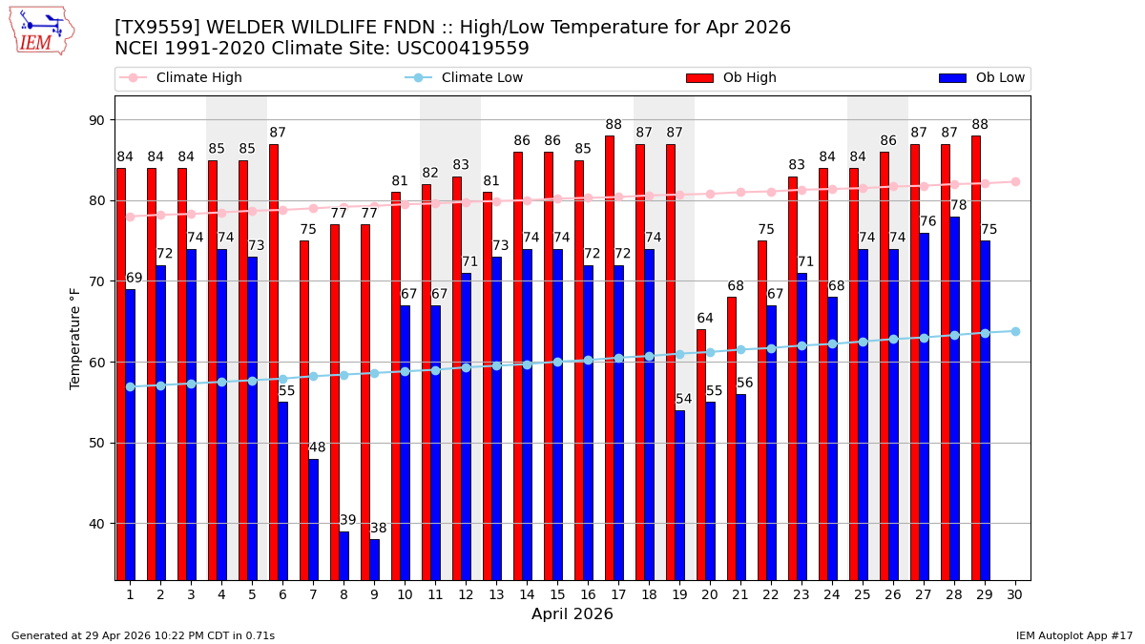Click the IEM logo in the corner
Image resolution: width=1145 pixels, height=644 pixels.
tap(42, 31)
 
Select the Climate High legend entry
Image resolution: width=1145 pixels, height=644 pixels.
tap(198, 78)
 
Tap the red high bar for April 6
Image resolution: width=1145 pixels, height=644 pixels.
tap(274, 362)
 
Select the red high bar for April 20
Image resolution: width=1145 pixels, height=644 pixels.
tap(701, 454)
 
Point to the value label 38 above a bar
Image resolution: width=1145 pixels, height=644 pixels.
tap(379, 529)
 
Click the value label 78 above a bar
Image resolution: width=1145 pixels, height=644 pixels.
tap(959, 205)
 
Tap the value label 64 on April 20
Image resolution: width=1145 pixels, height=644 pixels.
tap(705, 319)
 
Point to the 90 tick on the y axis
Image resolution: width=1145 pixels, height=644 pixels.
tap(97, 120)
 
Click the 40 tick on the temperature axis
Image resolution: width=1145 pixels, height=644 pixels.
tap(97, 524)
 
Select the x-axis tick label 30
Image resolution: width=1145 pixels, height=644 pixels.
tap(1014, 594)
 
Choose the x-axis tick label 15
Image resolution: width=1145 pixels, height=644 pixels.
tap(557, 594)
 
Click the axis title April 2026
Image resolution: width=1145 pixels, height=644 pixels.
tap(572, 614)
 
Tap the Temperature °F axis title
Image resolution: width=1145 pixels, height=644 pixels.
tap(76, 338)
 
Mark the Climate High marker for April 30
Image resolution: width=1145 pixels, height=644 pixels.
tap(1015, 181)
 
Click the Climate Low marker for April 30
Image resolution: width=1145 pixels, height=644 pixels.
tap(1015, 331)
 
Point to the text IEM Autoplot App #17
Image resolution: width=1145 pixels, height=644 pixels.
tap(1073, 635)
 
